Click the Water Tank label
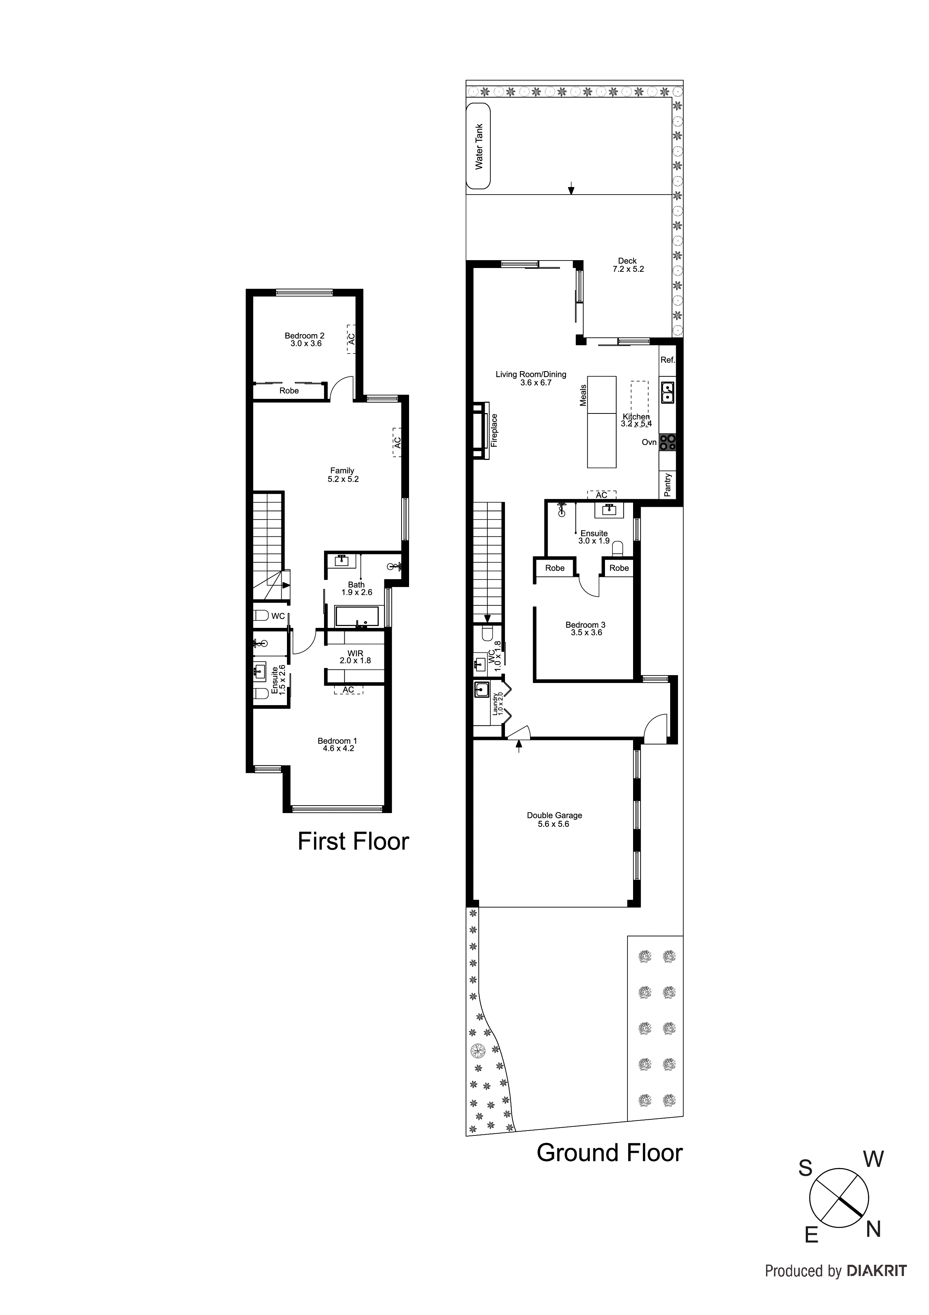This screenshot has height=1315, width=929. tap(479, 147)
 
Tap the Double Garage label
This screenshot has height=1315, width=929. tap(554, 815)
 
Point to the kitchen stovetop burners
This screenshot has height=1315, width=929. tap(668, 442)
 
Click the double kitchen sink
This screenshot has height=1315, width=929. tap(668, 392)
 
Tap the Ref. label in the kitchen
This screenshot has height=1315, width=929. tap(668, 360)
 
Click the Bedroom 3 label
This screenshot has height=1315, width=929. tap(585, 625)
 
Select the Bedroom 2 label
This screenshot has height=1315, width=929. tap(305, 335)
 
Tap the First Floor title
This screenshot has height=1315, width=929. tap(353, 841)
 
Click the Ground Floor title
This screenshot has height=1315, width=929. tap(609, 1153)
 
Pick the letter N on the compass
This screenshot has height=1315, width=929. tap(873, 1229)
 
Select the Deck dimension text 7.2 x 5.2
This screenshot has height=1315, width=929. tap(627, 269)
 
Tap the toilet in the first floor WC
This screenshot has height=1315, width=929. tap(261, 616)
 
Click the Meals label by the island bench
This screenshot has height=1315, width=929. tap(583, 395)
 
